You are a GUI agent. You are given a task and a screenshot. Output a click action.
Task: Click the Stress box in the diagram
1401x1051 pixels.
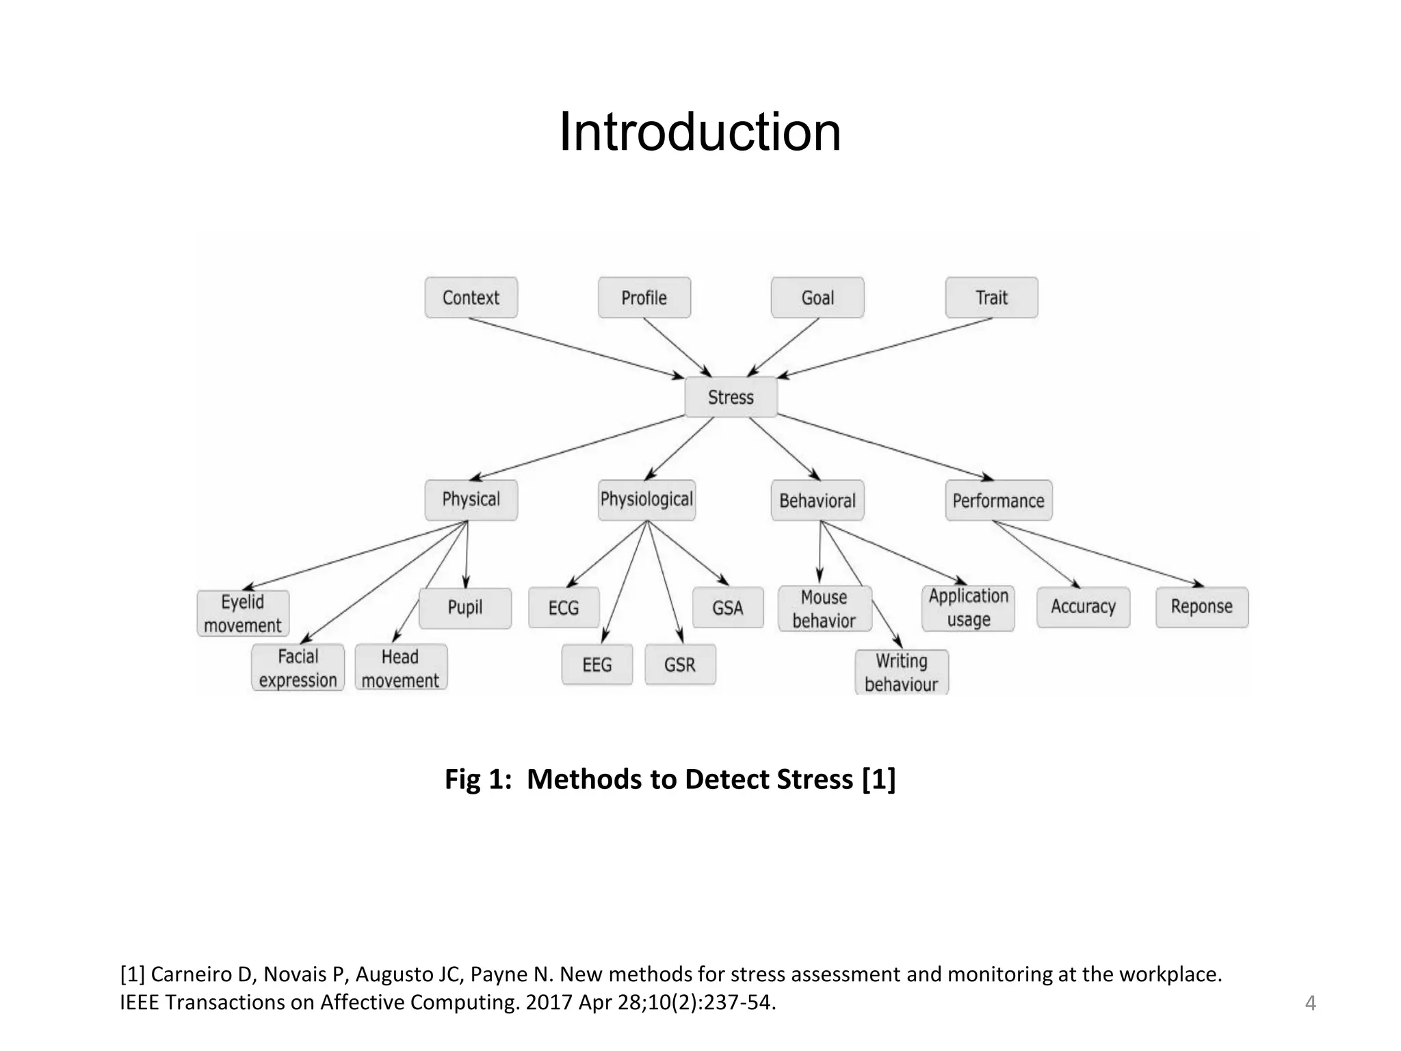click(x=731, y=397)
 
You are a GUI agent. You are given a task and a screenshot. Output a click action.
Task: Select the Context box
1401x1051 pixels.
click(x=471, y=298)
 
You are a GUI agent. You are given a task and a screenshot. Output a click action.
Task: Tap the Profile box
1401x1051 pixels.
click(x=644, y=298)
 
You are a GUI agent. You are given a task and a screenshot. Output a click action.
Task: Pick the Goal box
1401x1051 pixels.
click(x=817, y=298)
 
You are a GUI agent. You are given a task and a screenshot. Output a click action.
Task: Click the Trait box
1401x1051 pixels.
click(x=991, y=298)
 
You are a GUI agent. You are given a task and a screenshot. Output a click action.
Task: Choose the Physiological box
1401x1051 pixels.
click(x=646, y=499)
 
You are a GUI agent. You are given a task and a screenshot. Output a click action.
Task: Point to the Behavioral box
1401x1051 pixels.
click(x=817, y=500)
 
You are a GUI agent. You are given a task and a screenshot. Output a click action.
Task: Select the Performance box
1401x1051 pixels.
click(x=998, y=500)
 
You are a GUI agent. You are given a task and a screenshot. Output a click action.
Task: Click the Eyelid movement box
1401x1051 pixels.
click(x=243, y=614)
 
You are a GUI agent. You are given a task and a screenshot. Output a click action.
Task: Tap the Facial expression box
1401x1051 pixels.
click(x=298, y=668)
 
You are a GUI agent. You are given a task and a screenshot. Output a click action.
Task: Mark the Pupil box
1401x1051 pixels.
click(x=465, y=608)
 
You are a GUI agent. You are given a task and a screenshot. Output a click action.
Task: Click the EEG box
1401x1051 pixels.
click(x=597, y=664)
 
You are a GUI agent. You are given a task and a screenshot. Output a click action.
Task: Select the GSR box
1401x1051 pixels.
click(x=679, y=664)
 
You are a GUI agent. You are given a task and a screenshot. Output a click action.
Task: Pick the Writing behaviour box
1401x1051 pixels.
click(x=901, y=673)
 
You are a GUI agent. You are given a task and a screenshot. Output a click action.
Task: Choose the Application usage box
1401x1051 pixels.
click(x=968, y=608)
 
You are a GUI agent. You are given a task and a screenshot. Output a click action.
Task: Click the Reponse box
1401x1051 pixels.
click(x=1201, y=607)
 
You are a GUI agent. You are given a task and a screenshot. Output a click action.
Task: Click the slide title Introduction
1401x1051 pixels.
click(x=700, y=131)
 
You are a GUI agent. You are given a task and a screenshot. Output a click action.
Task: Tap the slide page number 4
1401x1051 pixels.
click(x=1310, y=1003)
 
